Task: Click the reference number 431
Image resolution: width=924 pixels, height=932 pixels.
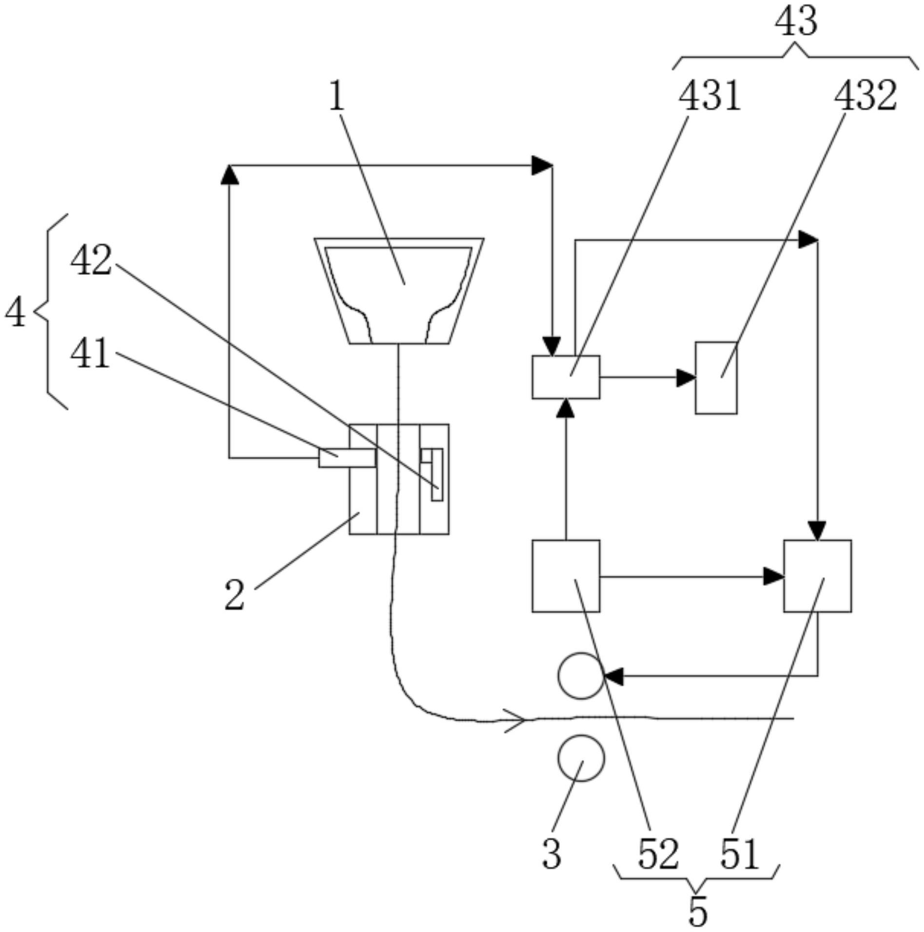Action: [x=709, y=96]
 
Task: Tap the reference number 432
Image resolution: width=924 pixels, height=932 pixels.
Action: [x=865, y=96]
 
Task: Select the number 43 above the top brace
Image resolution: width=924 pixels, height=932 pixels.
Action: [x=796, y=22]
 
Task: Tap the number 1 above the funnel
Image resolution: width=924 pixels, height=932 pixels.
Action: [x=337, y=96]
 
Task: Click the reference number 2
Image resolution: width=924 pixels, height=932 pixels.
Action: [x=235, y=596]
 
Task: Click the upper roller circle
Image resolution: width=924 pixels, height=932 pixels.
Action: [x=581, y=676]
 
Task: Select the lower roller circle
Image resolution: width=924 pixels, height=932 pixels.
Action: [x=581, y=758]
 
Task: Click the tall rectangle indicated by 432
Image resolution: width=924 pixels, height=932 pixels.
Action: [x=716, y=378]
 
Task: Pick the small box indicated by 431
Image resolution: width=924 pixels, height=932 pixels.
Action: [x=566, y=377]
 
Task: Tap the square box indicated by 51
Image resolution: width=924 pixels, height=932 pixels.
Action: [x=818, y=576]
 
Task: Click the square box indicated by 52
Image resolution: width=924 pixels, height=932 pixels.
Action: [x=566, y=576]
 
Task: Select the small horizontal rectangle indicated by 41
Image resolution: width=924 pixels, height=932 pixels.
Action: [x=347, y=458]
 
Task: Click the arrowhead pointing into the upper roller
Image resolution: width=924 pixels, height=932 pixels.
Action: [x=613, y=676]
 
